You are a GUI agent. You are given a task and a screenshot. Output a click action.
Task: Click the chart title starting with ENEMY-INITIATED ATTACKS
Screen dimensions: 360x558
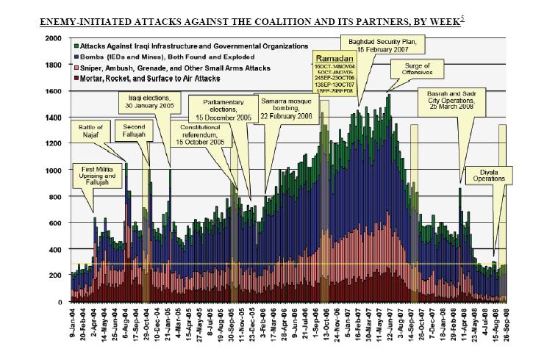coord(243,23)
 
